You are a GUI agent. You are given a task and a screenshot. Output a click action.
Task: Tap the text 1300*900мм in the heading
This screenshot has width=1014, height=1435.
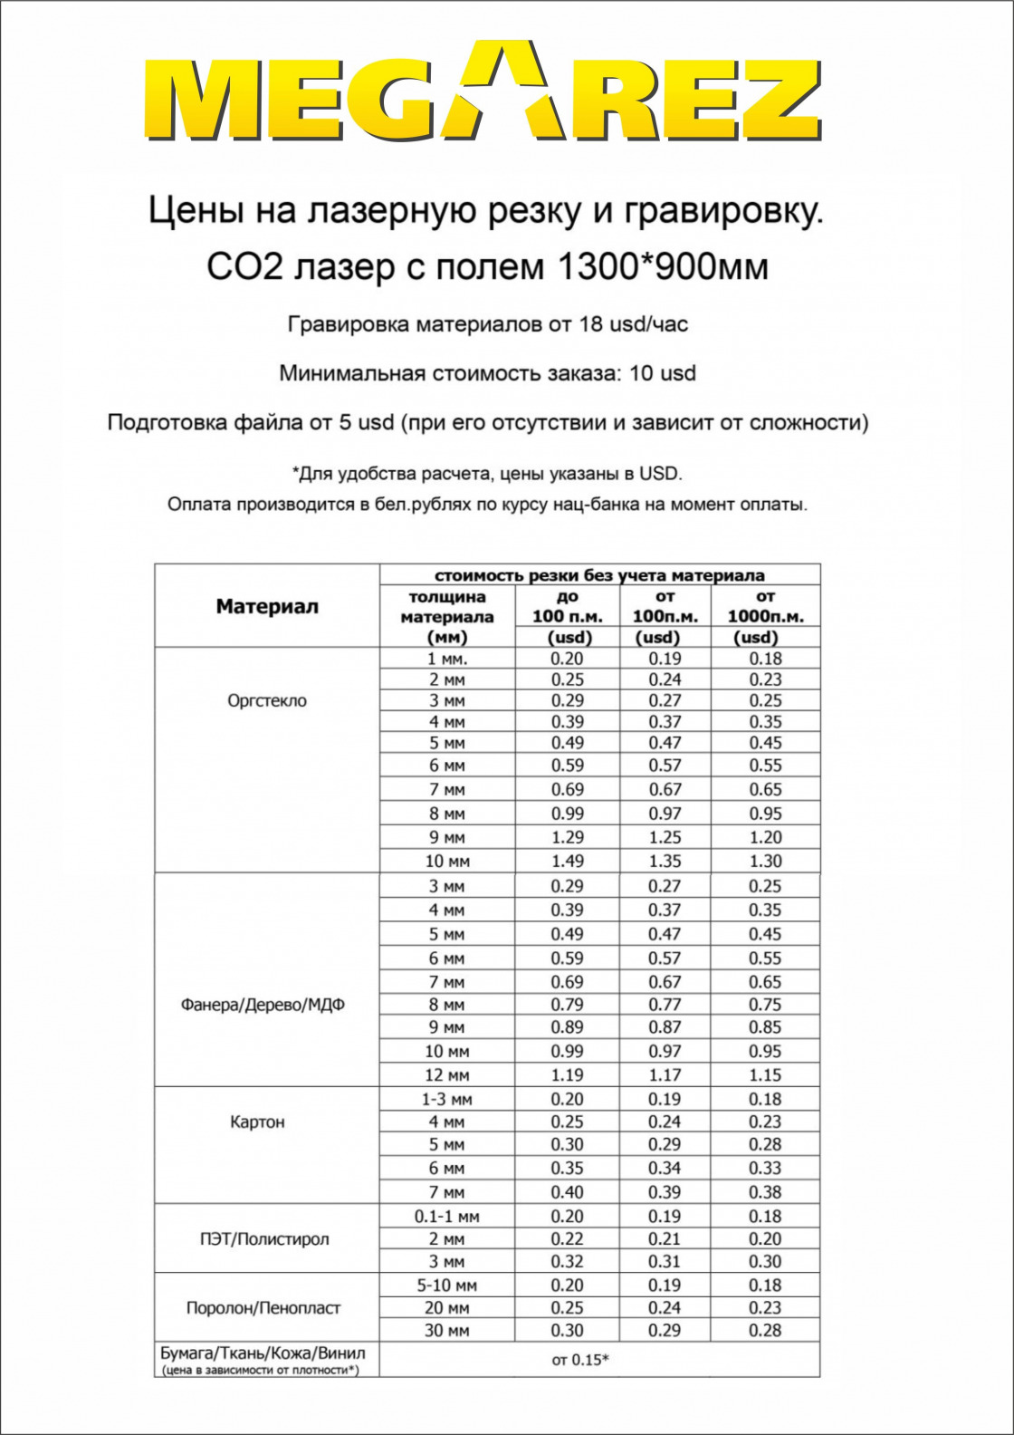(x=662, y=266)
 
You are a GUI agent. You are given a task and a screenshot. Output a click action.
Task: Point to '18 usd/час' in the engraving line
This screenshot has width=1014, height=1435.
(x=633, y=324)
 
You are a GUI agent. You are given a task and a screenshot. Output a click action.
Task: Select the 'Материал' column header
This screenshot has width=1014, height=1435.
(x=267, y=606)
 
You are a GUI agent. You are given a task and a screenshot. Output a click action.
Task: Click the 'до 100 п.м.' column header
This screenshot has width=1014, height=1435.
(x=568, y=616)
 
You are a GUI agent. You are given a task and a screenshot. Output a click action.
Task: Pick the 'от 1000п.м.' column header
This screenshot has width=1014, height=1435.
(x=765, y=616)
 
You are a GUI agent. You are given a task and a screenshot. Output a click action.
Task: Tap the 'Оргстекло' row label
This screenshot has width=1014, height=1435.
(x=267, y=700)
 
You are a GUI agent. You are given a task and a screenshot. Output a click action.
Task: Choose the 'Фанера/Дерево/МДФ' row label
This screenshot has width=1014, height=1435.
(x=263, y=1005)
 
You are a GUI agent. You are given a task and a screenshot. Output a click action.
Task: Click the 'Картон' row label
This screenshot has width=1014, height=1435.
(x=257, y=1122)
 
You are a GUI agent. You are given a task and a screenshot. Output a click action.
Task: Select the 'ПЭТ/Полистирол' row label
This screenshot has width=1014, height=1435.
(x=264, y=1238)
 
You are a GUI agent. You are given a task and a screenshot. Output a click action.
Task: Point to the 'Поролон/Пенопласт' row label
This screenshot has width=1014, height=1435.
(x=263, y=1308)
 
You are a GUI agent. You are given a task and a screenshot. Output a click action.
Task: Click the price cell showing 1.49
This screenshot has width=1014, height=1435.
(x=568, y=862)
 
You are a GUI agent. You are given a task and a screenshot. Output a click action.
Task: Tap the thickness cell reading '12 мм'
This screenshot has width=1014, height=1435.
(x=447, y=1075)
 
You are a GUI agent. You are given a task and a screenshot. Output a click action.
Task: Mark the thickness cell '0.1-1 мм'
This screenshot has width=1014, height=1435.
(x=447, y=1217)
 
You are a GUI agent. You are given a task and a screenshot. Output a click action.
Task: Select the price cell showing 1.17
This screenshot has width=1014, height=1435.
(x=665, y=1075)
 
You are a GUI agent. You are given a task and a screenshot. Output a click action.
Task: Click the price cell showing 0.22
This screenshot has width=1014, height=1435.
(x=568, y=1239)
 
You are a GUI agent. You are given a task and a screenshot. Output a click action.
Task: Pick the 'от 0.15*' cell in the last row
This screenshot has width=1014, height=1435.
(x=580, y=1359)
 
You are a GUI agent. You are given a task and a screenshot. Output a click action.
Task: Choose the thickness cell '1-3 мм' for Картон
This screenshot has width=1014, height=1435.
(x=447, y=1100)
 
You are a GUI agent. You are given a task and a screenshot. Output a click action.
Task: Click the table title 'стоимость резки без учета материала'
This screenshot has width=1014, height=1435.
(x=599, y=575)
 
